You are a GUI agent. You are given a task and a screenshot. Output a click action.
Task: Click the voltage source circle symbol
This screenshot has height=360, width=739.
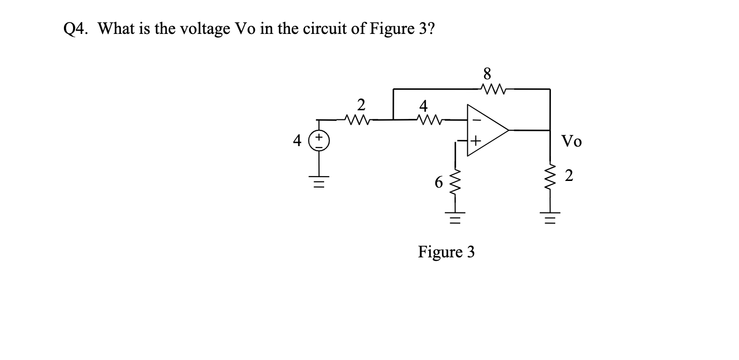point(320,142)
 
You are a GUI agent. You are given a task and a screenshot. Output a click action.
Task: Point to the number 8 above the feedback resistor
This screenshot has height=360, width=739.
point(487,74)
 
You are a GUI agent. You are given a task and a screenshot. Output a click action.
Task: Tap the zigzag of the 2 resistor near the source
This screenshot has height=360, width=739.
point(356,119)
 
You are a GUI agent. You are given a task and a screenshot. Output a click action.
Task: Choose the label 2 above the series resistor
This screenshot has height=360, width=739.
point(361,104)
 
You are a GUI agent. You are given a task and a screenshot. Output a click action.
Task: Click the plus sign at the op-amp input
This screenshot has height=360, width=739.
point(475,141)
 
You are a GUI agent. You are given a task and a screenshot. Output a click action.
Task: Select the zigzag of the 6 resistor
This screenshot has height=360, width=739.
point(455,182)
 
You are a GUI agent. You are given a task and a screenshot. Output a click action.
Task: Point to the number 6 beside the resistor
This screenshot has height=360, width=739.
point(439,182)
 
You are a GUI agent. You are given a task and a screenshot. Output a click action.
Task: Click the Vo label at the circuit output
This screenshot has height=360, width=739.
point(571,141)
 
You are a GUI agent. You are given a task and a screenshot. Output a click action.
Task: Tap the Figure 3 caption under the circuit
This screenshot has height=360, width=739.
point(446,252)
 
